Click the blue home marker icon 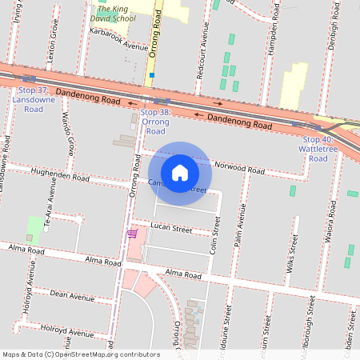[x=180, y=173]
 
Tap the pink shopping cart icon [x=132, y=234]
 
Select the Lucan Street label [x=171, y=229]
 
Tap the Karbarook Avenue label [x=119, y=41]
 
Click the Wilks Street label [x=293, y=257]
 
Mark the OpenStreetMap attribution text [x=81, y=354]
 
